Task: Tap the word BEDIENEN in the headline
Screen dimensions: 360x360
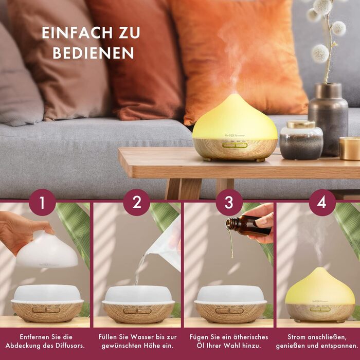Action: (x=93, y=53)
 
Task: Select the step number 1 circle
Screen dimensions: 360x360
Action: (x=43, y=203)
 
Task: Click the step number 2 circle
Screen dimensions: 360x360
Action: (x=137, y=203)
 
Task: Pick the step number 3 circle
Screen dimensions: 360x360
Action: (x=229, y=203)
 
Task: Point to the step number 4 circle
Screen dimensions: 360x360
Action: (x=322, y=203)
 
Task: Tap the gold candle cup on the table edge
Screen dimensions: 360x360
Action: (x=350, y=148)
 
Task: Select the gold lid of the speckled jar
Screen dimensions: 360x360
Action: (x=301, y=124)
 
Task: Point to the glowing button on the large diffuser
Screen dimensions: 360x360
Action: (x=235, y=145)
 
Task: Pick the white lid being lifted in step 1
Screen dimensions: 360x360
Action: (x=47, y=251)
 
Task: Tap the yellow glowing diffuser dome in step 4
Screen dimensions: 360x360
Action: (x=320, y=287)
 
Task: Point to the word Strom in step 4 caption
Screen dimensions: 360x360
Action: (x=296, y=337)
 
